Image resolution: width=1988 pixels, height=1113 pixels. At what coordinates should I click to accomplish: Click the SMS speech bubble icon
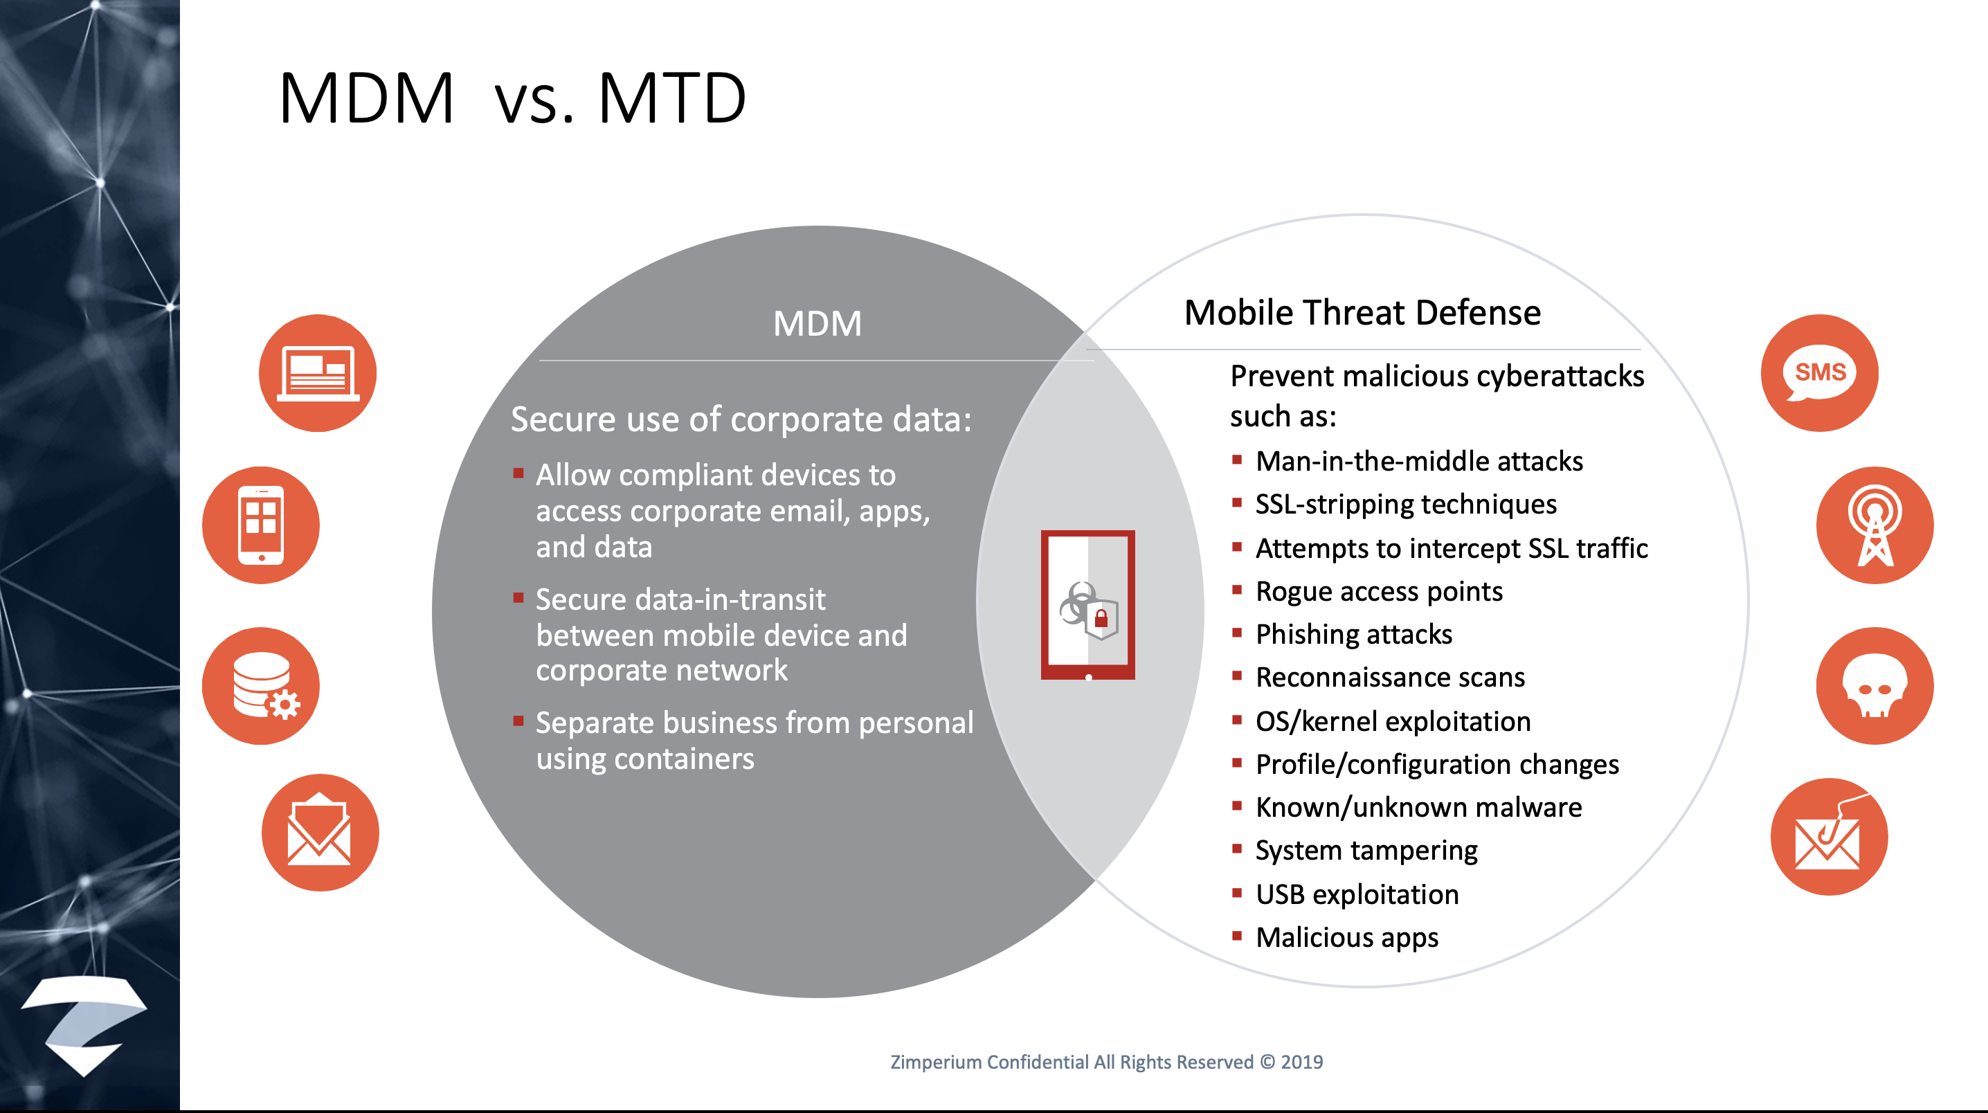[1820, 373]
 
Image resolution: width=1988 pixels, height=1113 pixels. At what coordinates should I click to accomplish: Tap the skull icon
[1874, 685]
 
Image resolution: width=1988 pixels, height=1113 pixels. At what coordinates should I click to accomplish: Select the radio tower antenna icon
[1874, 525]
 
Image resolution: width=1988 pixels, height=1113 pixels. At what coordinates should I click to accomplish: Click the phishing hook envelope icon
[1829, 837]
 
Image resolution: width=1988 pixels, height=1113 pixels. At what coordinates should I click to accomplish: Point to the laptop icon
[317, 373]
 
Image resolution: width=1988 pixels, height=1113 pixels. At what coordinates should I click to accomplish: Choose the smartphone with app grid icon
[261, 525]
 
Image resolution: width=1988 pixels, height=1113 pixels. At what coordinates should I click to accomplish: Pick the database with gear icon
[261, 685]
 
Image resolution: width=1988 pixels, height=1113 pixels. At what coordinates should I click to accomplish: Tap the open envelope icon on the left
[320, 832]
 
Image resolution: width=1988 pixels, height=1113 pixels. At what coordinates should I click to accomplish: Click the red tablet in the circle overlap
[1087, 605]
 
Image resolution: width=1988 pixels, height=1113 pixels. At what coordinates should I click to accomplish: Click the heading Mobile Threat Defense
[1362, 313]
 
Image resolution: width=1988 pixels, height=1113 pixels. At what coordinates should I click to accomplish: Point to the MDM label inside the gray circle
[817, 323]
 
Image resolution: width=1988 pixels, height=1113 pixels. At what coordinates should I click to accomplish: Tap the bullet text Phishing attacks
[1354, 635]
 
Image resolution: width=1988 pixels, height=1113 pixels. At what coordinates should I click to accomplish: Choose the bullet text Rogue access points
[1379, 591]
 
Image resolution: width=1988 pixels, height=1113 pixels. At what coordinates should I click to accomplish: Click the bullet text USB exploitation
[1357, 894]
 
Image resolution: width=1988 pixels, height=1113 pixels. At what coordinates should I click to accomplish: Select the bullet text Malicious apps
[1347, 938]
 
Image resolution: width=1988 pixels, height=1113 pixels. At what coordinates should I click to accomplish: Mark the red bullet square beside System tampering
[1237, 849]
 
